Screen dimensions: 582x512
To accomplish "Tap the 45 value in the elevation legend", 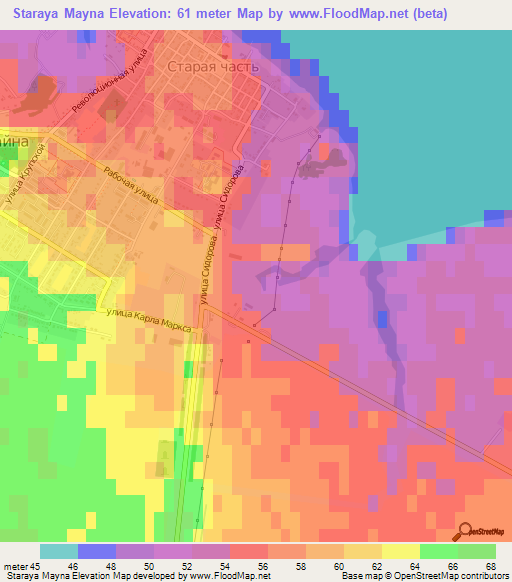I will tap(37, 566).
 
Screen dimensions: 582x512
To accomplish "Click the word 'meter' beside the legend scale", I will tap(14, 566).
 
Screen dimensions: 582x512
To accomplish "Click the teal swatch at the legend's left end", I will tap(59, 551).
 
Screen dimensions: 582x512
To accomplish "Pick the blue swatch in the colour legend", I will tap(97, 551).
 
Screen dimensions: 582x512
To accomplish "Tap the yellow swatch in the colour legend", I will tap(401, 551).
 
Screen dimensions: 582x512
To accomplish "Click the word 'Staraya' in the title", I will tap(46, 13).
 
